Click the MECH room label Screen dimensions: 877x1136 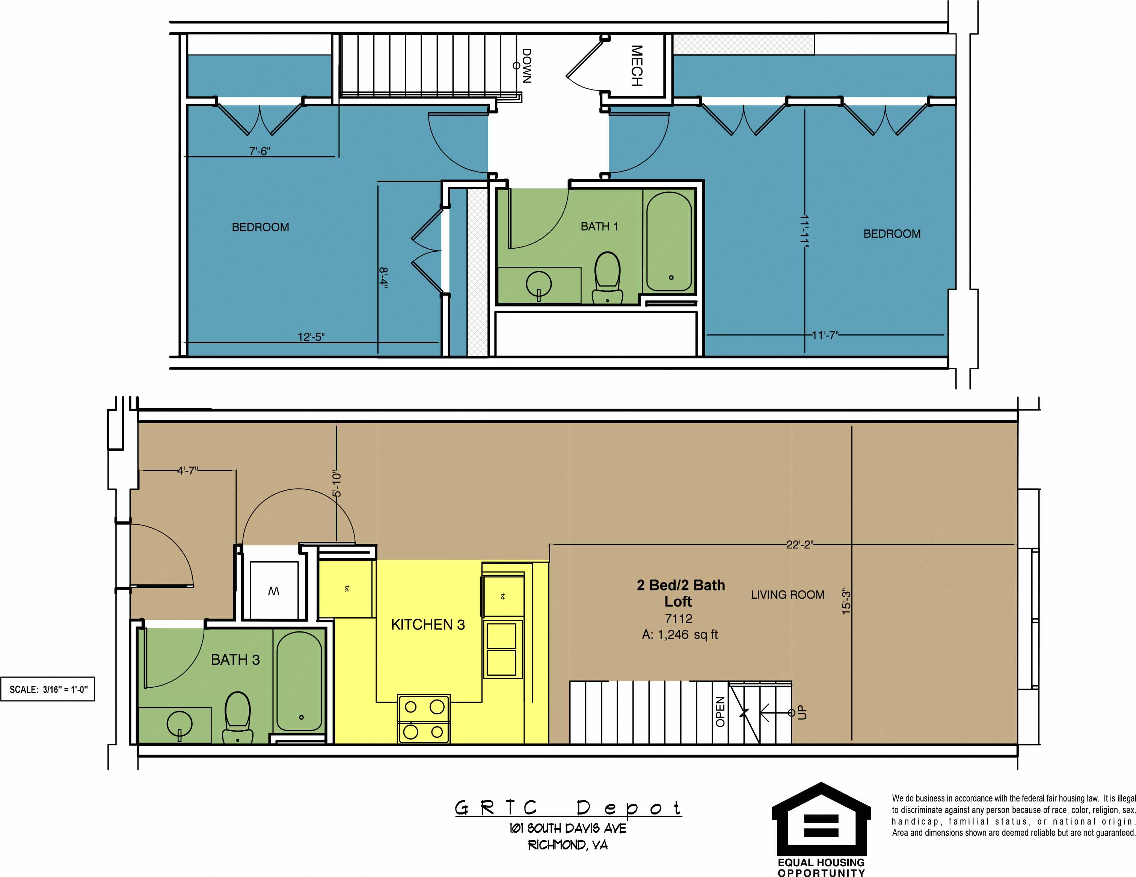[637, 66]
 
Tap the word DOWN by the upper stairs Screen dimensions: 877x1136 [527, 66]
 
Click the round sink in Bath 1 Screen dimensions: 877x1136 [539, 284]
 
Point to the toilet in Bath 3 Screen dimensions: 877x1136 [238, 717]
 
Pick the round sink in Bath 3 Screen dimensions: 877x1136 [180, 723]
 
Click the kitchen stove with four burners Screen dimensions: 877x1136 [423, 719]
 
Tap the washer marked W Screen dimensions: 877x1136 [274, 591]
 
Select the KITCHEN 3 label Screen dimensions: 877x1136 [428, 625]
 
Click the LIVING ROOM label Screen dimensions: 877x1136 [788, 595]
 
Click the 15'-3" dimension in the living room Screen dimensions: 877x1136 [846, 601]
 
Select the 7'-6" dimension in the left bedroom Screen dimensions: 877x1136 [259, 151]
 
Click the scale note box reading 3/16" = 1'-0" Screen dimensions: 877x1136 [48, 689]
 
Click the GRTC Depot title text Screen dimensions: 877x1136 [567, 808]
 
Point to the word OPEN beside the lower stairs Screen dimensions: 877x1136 [720, 712]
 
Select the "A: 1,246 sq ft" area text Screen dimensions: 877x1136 [679, 635]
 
